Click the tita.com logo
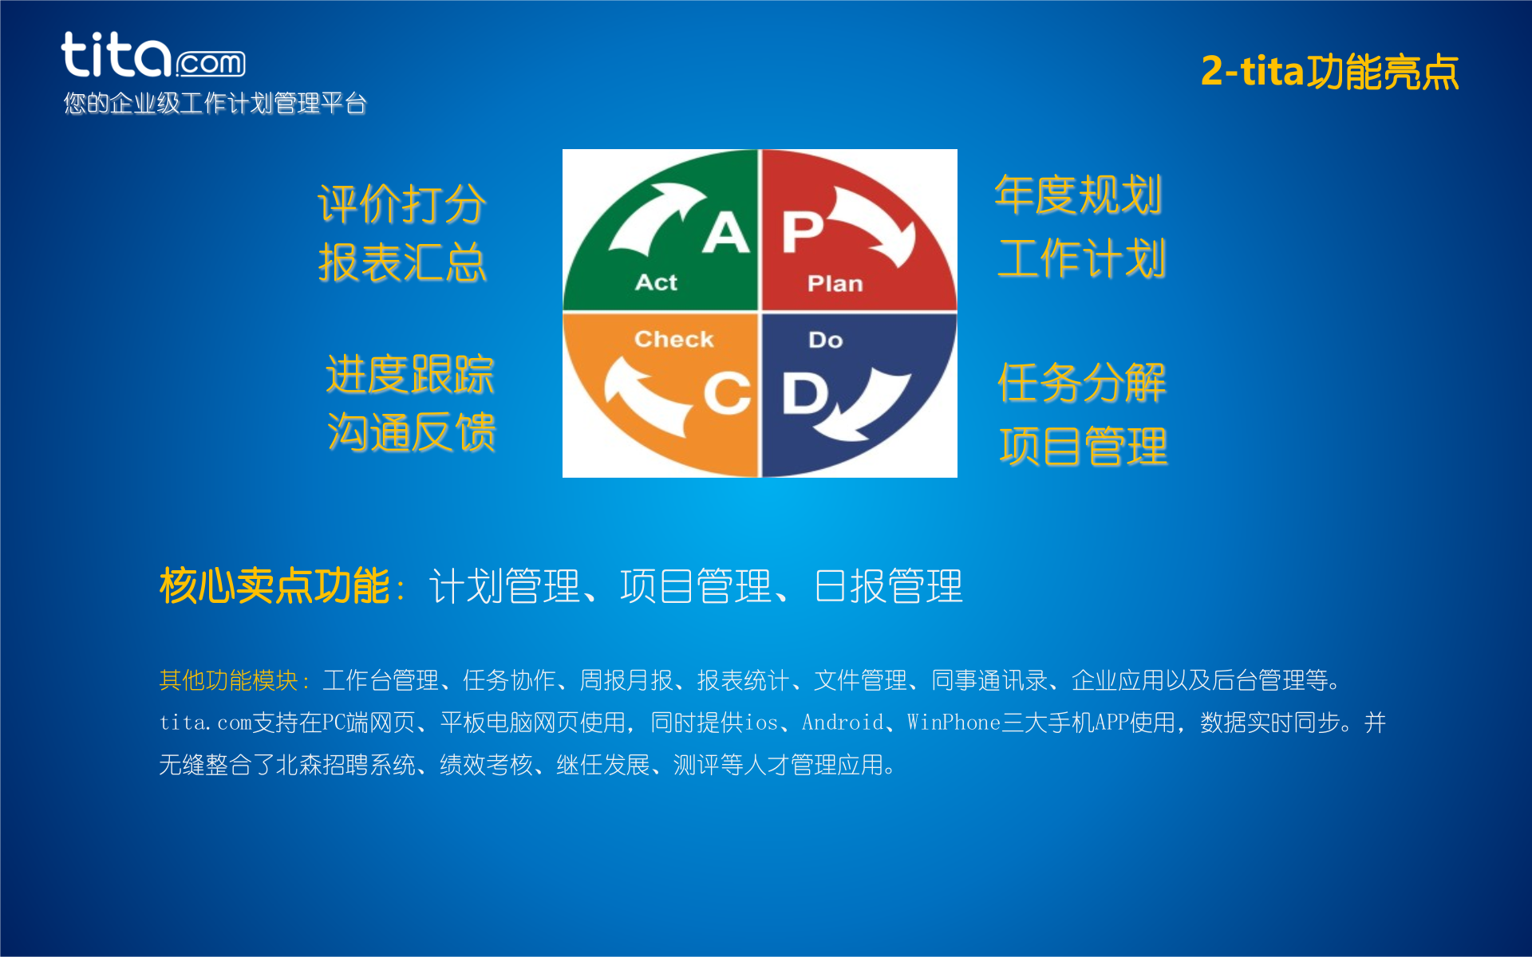click(x=153, y=56)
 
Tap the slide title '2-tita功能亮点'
click(x=1329, y=72)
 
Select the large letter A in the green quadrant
click(x=726, y=233)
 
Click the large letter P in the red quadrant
click(x=802, y=231)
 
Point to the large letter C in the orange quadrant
click(x=727, y=393)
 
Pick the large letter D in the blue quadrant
click(x=804, y=393)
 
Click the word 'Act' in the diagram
click(x=656, y=282)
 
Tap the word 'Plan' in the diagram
click(x=835, y=283)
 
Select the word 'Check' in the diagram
click(x=673, y=339)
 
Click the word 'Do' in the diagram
click(x=825, y=340)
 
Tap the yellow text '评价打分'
click(x=401, y=204)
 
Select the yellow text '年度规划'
click(x=1078, y=195)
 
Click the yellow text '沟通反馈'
click(x=411, y=432)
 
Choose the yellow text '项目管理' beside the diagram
click(x=1083, y=446)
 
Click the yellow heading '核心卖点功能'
click(x=274, y=586)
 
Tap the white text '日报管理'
click(x=888, y=586)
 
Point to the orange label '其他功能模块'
click(x=229, y=680)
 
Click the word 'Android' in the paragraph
click(x=843, y=723)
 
